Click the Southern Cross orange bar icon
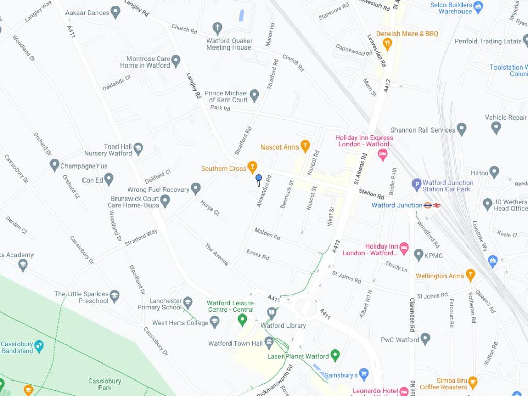pos(252,167)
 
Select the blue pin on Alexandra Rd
pos(259,179)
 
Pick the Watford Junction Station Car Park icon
pos(417,184)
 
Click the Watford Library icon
pos(272,312)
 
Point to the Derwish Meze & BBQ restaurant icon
pos(388,44)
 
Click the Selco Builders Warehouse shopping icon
pos(478,6)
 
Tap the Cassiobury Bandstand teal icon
pos(39,346)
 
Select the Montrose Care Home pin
pos(176,61)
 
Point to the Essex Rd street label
pos(258,254)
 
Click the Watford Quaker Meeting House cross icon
pos(218,28)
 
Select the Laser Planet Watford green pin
pos(335,355)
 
